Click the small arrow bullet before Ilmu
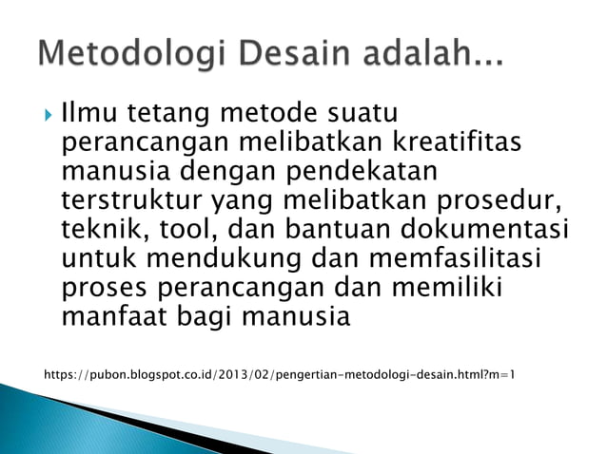coord(48,118)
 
